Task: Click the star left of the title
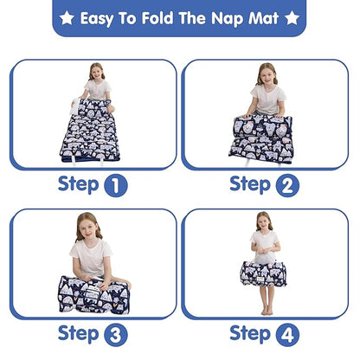click(x=66, y=17)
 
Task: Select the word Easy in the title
click(x=102, y=17)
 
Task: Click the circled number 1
click(x=116, y=184)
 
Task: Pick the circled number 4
click(x=288, y=334)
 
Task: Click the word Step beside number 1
click(x=79, y=183)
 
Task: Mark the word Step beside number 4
click(x=251, y=333)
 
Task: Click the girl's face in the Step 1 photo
click(x=95, y=74)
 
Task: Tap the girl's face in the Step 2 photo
click(x=267, y=75)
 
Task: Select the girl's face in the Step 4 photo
click(x=265, y=222)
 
